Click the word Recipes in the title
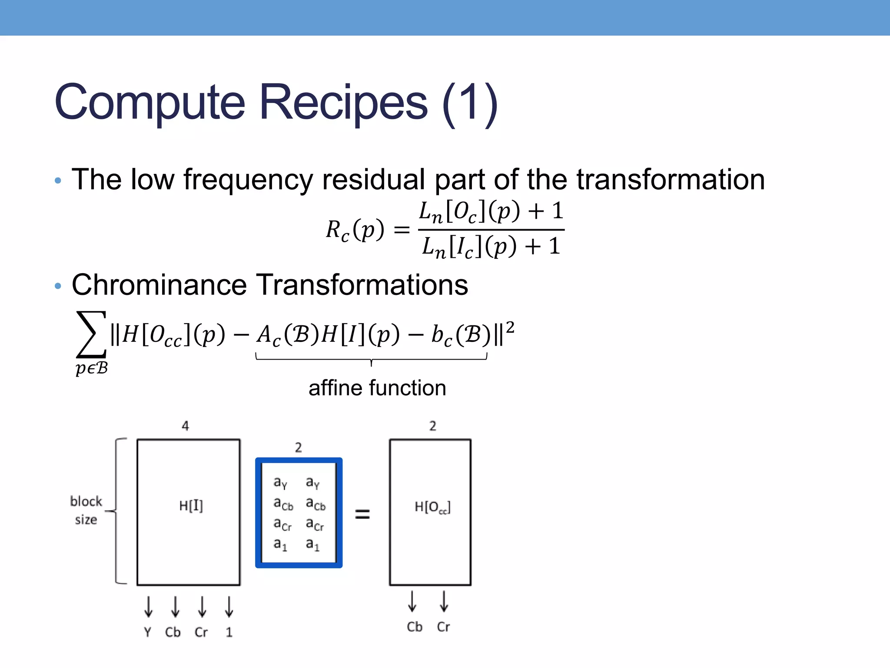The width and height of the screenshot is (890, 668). [x=343, y=103]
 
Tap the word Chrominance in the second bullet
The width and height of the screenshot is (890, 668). [x=159, y=285]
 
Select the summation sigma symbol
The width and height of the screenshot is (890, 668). [x=91, y=334]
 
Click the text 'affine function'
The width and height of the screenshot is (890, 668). [x=377, y=387]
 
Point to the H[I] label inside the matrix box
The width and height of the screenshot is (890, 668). [x=191, y=505]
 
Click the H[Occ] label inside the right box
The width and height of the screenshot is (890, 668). [x=432, y=507]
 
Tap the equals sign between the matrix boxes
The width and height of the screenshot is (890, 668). [x=362, y=514]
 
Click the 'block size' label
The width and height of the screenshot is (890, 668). [x=86, y=510]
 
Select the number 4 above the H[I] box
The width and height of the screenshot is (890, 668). [x=186, y=426]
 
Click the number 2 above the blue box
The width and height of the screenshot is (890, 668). [x=299, y=448]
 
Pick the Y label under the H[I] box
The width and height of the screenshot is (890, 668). [x=148, y=632]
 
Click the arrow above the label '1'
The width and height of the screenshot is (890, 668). [x=229, y=607]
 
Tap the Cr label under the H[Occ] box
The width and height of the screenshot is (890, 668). [x=443, y=627]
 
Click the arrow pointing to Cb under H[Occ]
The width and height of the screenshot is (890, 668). [x=412, y=601]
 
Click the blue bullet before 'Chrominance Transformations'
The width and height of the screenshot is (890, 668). [x=58, y=286]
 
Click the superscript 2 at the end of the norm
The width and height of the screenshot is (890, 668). [x=510, y=327]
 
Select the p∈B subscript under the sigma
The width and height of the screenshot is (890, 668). [x=91, y=368]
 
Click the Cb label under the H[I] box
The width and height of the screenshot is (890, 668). [x=173, y=632]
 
